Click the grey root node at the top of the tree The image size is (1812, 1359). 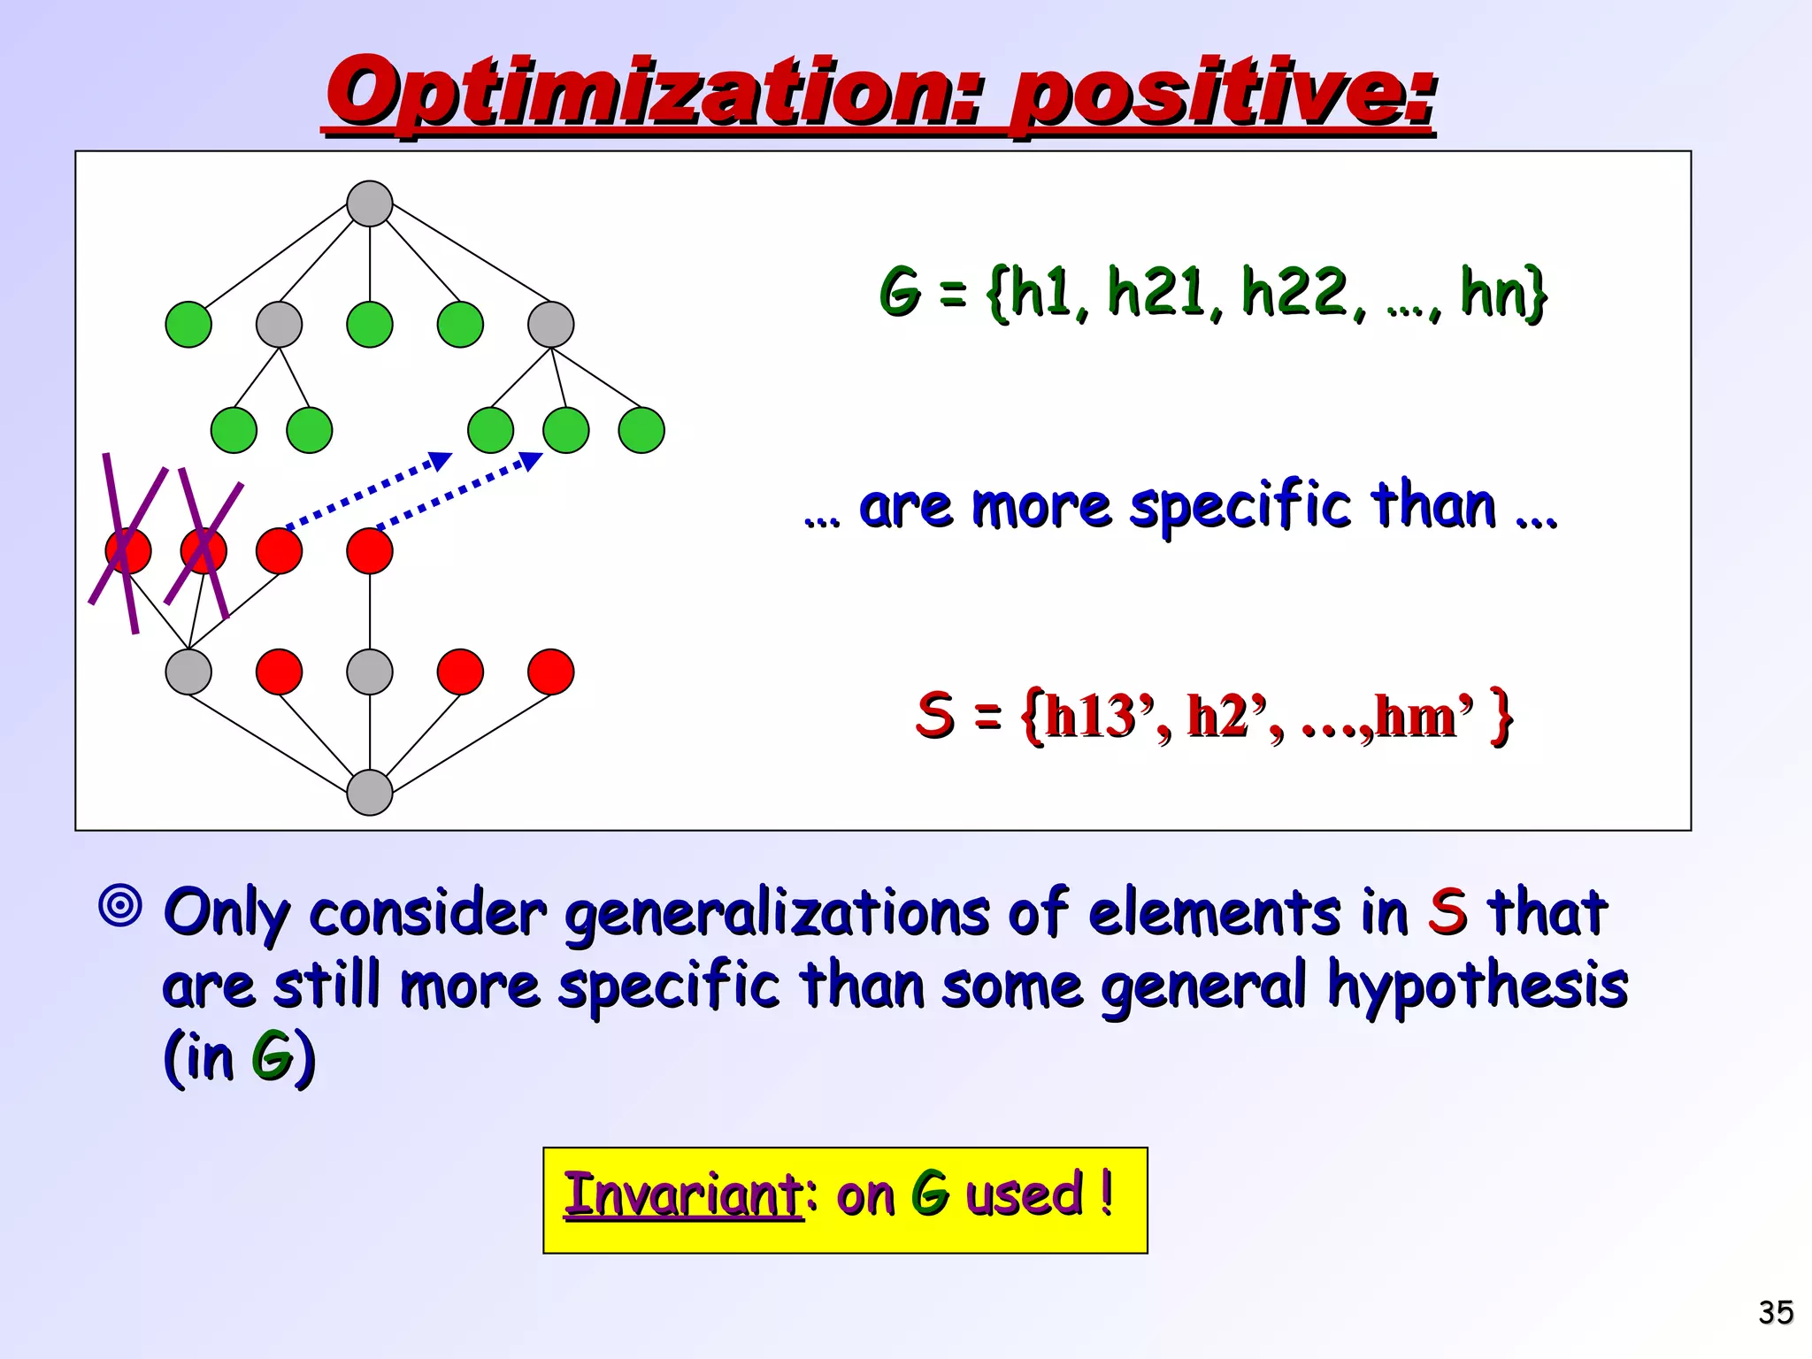point(370,203)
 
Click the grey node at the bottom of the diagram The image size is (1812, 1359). point(370,792)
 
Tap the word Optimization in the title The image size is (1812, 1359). point(655,93)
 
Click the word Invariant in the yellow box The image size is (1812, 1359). point(683,1194)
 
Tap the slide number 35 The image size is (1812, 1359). point(1775,1312)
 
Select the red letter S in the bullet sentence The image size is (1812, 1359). point(1447,911)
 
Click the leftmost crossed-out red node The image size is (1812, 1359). point(128,550)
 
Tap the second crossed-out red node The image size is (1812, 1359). point(203,550)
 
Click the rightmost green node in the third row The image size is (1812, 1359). point(641,430)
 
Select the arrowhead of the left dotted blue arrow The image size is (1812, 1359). point(441,460)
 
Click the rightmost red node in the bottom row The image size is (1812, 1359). point(550,672)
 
